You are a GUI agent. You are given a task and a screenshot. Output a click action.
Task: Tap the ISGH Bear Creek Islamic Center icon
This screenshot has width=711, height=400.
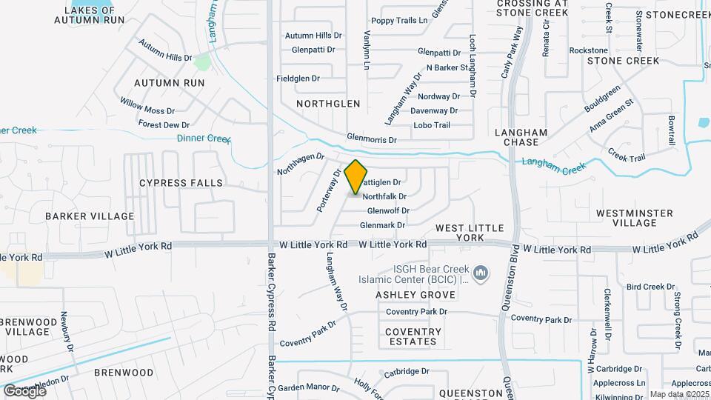481,274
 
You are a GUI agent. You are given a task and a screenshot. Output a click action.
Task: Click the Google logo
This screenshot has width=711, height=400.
24,390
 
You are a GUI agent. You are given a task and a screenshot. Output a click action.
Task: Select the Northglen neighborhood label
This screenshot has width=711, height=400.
328,104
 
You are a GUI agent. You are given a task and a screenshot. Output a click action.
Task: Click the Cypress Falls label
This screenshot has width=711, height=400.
181,182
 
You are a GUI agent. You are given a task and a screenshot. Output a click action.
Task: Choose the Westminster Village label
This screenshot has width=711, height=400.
635,218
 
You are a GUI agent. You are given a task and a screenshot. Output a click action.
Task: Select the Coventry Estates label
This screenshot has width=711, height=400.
413,336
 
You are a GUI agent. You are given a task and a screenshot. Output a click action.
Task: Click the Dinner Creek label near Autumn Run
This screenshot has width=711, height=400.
204,139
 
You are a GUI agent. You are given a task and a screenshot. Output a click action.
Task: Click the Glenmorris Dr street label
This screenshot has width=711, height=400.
372,139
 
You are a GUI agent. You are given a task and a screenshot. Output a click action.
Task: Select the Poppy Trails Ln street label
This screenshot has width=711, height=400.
400,21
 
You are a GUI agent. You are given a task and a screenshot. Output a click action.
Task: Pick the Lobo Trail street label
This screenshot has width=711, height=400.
432,125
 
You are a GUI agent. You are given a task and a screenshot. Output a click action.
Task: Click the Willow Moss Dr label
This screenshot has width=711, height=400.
147,109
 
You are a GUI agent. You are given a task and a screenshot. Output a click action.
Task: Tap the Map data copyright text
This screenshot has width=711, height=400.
679,394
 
